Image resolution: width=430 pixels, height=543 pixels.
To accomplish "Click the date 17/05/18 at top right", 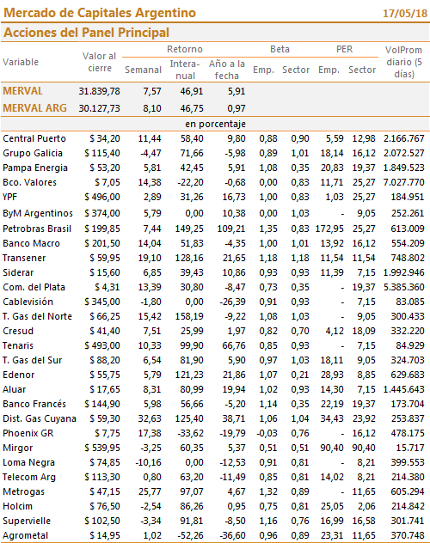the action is click(405, 14).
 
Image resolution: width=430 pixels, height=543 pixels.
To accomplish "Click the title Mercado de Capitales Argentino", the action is click(100, 13).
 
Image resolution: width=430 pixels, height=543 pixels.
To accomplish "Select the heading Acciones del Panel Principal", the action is click(86, 33).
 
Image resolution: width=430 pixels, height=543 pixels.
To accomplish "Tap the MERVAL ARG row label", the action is click(34, 108).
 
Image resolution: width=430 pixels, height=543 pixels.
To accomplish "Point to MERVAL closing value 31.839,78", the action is click(99, 91).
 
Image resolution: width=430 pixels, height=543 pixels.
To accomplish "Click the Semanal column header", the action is click(143, 70).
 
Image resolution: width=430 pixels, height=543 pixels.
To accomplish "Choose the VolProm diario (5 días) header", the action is click(403, 62).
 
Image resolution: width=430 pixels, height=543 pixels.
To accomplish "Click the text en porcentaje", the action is click(215, 124).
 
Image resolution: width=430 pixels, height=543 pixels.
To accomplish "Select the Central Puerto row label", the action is click(34, 138).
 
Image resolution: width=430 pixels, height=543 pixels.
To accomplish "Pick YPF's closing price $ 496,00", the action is click(102, 197).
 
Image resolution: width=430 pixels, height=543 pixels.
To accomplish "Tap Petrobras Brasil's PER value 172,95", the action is click(329, 229).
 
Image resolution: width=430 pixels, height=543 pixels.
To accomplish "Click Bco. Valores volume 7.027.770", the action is click(403, 182).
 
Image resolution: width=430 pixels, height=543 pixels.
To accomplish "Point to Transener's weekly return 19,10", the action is click(150, 258).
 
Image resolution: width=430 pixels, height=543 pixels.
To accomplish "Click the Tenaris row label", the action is click(18, 345).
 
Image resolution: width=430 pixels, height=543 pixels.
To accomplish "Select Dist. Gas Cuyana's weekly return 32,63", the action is click(150, 418).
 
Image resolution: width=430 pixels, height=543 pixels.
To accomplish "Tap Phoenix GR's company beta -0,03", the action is click(267, 433).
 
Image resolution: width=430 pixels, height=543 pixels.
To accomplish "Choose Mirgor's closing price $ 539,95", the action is click(102, 448).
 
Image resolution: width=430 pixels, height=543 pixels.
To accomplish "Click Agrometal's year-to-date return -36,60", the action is click(232, 535).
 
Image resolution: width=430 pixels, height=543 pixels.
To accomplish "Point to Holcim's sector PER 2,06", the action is click(366, 506).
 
